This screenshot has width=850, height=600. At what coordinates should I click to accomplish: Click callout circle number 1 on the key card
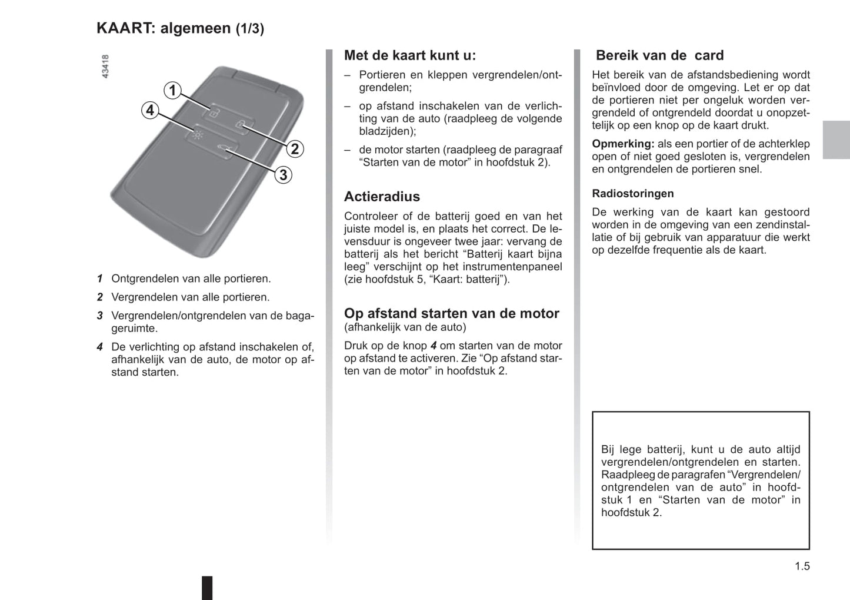[172, 90]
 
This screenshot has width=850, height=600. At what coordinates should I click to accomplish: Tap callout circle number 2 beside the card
[295, 149]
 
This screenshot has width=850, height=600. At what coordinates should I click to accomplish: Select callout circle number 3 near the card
[283, 175]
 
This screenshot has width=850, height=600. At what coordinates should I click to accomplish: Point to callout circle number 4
[150, 110]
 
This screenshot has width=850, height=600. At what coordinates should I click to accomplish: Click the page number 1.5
[802, 566]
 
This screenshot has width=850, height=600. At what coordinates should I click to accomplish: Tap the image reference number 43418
[105, 67]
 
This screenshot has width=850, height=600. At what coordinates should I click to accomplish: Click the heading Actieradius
[382, 197]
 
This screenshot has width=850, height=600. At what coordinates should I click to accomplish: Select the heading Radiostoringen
[632, 194]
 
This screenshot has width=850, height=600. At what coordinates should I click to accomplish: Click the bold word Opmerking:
[622, 144]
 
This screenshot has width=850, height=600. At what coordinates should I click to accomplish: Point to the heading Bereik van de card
[659, 55]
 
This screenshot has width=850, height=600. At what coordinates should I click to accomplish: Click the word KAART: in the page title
[126, 28]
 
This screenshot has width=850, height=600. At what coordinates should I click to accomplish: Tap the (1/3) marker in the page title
[250, 29]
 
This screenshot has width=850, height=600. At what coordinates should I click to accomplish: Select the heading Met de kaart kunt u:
[409, 55]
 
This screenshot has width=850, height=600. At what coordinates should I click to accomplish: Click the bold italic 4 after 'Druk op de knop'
[434, 346]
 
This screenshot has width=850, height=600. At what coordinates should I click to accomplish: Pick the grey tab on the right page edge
[836, 140]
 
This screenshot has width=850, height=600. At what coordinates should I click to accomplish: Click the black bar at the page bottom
[207, 588]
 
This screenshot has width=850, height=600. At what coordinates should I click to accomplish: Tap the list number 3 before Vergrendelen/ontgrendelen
[100, 316]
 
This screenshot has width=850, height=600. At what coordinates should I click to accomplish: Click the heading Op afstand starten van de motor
[451, 313]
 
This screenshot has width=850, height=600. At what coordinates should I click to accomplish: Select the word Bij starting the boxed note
[608, 450]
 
